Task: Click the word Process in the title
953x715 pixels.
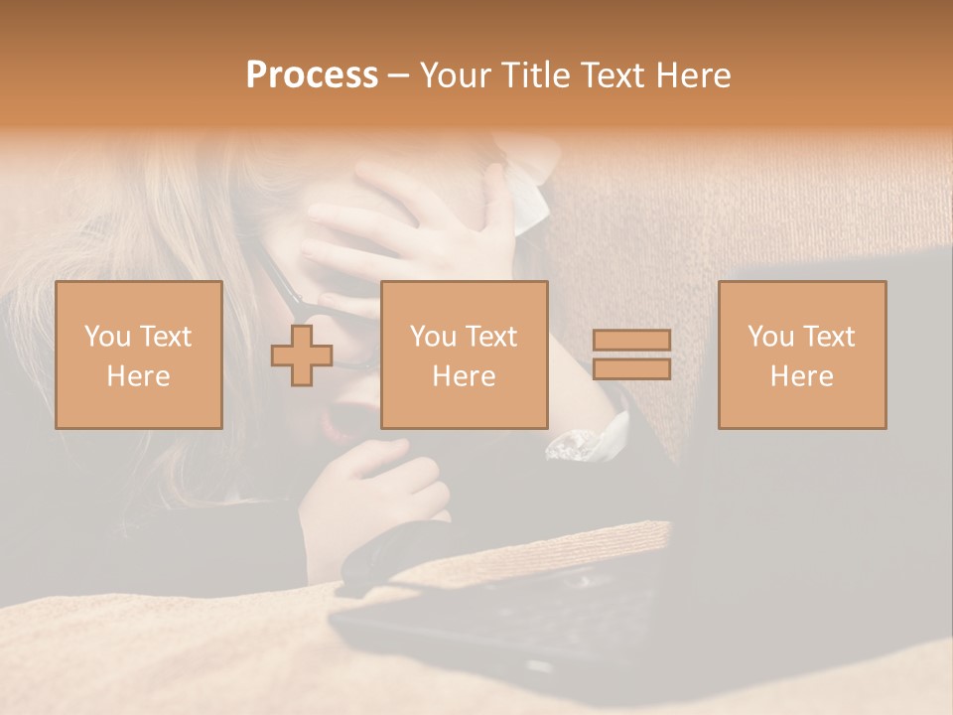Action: click(x=312, y=75)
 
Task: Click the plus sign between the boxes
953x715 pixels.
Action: click(x=302, y=356)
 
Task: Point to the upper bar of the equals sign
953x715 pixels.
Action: click(x=631, y=340)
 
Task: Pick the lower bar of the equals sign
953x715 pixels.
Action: click(x=631, y=369)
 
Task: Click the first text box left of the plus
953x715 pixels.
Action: click(x=138, y=355)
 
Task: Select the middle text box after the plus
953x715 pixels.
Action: click(x=464, y=355)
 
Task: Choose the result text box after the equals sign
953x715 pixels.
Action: click(x=801, y=355)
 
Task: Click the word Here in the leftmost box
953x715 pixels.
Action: click(x=138, y=376)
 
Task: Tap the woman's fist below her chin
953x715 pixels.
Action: click(x=377, y=497)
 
